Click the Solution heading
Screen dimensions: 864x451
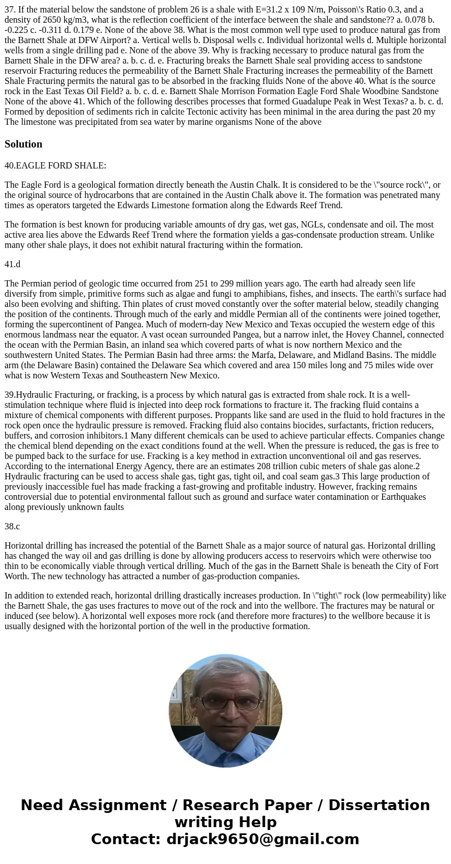pyautogui.click(x=23, y=144)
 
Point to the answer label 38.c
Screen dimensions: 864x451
pyautogui.click(x=12, y=526)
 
